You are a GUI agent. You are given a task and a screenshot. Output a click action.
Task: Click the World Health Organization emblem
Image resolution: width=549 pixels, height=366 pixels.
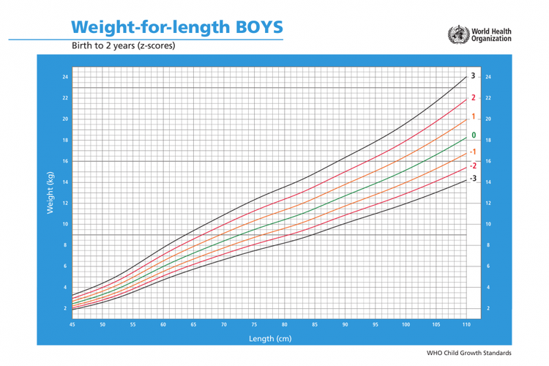click(x=457, y=33)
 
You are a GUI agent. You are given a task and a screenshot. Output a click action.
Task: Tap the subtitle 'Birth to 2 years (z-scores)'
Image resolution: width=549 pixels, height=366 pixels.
click(x=123, y=45)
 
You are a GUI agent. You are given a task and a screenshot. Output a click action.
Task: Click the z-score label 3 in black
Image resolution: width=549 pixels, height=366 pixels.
click(x=473, y=76)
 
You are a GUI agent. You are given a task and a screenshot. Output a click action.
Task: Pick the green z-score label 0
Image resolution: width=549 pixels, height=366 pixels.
click(x=473, y=135)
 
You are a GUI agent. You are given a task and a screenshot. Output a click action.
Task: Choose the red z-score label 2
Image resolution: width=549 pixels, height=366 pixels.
click(x=473, y=97)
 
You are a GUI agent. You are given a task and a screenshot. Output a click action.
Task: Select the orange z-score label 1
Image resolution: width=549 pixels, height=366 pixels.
click(x=473, y=116)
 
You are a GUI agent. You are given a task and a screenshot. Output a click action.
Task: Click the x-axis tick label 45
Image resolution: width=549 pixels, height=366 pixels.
click(x=72, y=324)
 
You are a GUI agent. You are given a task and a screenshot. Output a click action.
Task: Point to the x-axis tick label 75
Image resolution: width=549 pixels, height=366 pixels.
click(x=254, y=324)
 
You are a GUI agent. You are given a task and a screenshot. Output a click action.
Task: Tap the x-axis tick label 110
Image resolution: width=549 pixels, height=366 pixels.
click(x=465, y=324)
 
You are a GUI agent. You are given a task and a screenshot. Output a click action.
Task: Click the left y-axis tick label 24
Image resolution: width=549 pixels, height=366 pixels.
click(x=65, y=77)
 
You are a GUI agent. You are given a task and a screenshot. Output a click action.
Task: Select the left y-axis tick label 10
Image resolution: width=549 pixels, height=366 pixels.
click(x=65, y=224)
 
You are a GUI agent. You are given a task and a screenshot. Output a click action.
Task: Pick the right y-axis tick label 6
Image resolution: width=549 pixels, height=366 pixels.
click(x=488, y=266)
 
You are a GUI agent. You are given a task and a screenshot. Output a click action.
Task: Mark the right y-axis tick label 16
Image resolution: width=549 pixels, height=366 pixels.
click(x=488, y=161)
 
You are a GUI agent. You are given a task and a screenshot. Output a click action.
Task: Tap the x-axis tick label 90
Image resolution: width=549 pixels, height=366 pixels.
click(x=345, y=324)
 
